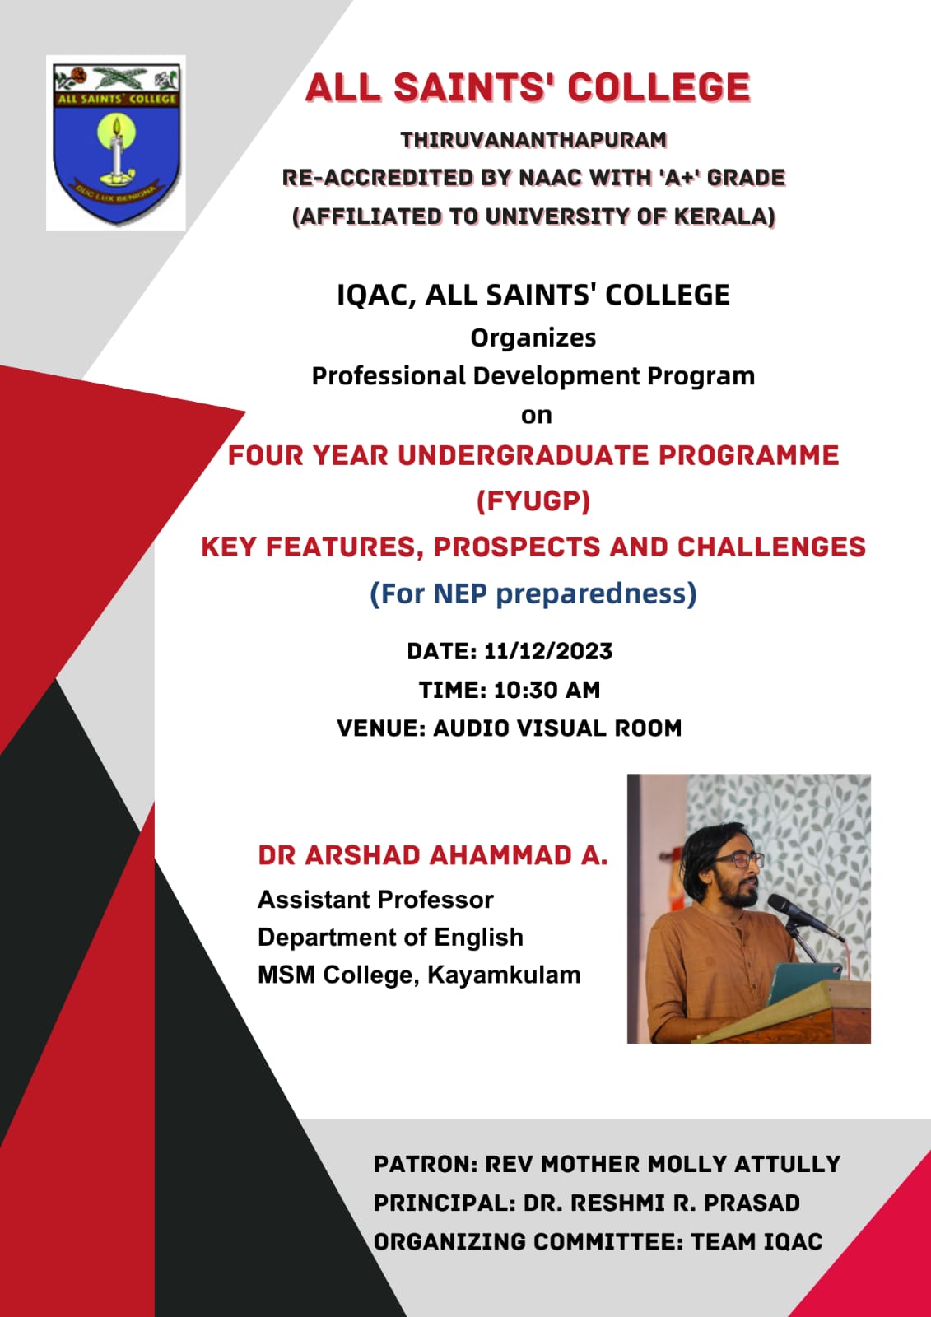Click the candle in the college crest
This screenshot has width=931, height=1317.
tap(117, 150)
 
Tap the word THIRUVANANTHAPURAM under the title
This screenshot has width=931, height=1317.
tap(533, 140)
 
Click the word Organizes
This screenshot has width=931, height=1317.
tap(533, 338)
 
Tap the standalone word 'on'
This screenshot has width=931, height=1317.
tap(536, 416)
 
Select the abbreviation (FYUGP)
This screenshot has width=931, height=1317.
tap(533, 501)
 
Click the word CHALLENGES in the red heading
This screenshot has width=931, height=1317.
tap(771, 547)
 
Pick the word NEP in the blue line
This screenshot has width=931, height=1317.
tap(460, 593)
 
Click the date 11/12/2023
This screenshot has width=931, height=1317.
tap(548, 651)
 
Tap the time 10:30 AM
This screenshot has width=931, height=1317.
tap(547, 691)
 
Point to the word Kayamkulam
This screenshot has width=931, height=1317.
tap(504, 975)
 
